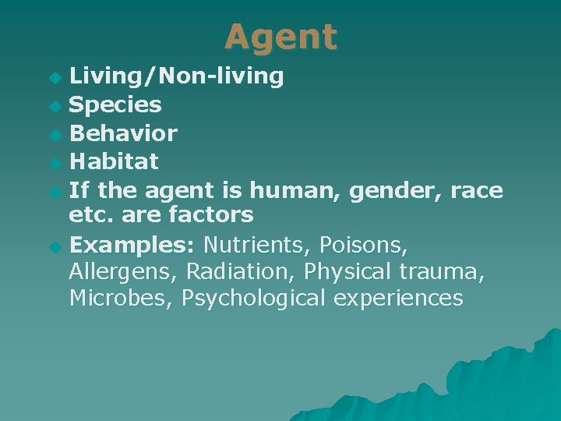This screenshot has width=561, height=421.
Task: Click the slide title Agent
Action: click(x=280, y=37)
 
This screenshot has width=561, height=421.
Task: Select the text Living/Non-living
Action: click(x=176, y=76)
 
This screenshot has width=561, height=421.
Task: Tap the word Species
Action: click(x=115, y=104)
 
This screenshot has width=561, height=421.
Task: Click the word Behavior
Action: click(x=123, y=133)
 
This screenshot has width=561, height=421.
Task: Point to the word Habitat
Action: click(x=114, y=161)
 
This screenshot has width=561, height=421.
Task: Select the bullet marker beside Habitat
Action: click(x=54, y=163)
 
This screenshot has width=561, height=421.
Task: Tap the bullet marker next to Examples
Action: click(x=54, y=247)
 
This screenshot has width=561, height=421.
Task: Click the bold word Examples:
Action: click(x=132, y=246)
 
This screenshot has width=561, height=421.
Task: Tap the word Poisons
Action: click(x=365, y=246)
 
